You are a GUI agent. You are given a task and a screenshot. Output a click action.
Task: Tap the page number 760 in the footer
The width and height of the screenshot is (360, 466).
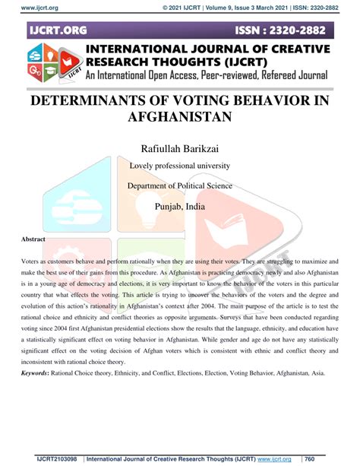(x=311, y=458)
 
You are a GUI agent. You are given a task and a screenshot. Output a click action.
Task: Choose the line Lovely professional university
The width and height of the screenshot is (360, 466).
(x=179, y=165)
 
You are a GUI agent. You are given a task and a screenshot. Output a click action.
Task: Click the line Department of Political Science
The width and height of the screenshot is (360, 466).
(x=179, y=186)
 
